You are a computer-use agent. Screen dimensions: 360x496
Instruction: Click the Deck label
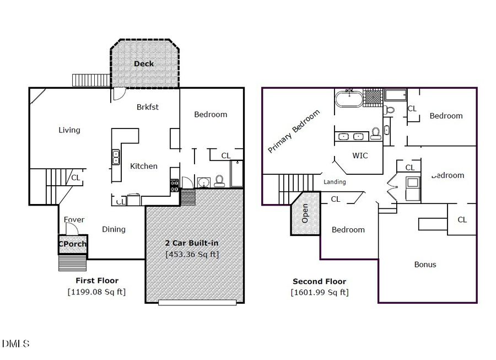(x=144, y=63)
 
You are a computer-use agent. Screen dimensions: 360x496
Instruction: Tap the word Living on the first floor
(x=69, y=130)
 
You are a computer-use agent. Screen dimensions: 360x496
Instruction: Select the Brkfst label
(x=147, y=107)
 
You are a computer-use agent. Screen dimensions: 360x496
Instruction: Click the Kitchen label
(x=143, y=166)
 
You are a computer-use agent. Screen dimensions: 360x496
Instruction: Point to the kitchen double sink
(x=116, y=158)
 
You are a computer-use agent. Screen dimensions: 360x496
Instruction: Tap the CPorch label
(x=73, y=244)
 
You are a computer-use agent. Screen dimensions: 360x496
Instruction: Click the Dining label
(x=114, y=229)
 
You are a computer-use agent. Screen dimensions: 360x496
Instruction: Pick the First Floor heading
(x=96, y=281)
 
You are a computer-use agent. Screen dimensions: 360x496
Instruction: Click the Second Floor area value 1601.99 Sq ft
(x=319, y=292)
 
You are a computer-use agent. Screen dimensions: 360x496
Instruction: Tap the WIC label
(x=359, y=155)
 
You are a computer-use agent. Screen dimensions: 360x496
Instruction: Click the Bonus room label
(x=425, y=264)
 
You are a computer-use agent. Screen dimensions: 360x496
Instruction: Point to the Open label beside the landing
(x=305, y=213)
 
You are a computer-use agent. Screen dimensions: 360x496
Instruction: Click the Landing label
(x=335, y=182)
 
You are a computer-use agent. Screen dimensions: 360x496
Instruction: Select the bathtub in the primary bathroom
(x=349, y=100)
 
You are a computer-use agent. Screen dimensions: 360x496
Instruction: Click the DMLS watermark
(x=15, y=344)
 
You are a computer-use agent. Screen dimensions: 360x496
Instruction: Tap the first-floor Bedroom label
(x=211, y=114)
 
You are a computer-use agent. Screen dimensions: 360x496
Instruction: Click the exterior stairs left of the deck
(x=91, y=80)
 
